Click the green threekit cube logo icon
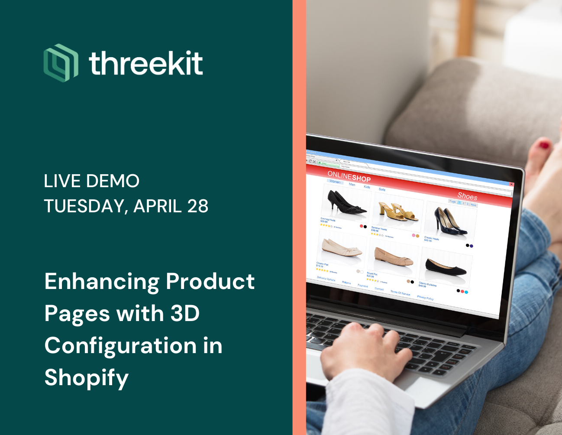click(61, 63)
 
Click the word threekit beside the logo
click(146, 63)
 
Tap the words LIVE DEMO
click(91, 181)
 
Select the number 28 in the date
click(197, 206)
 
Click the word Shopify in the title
click(87, 377)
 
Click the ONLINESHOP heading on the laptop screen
click(349, 176)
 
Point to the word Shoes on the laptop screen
click(467, 195)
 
